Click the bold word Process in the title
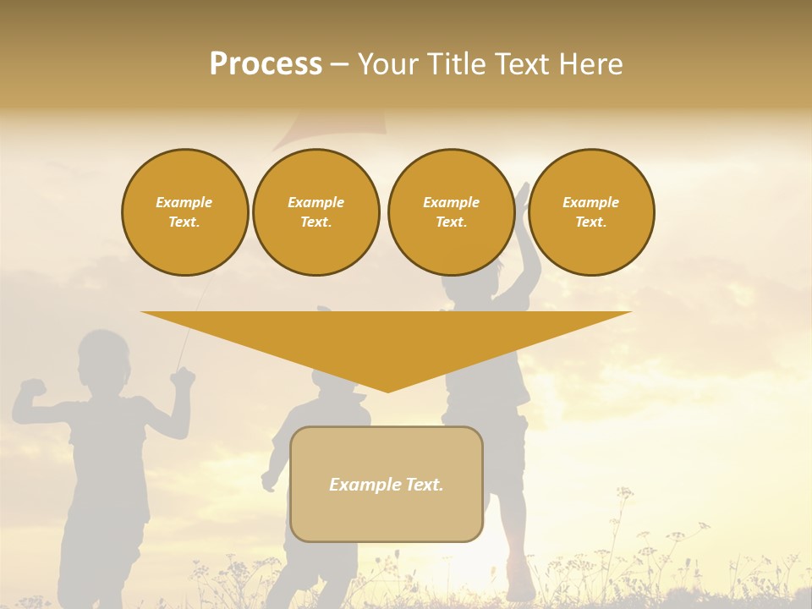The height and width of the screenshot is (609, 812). click(x=266, y=64)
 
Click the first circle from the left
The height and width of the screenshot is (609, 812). click(x=185, y=212)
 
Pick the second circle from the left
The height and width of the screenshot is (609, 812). click(x=316, y=212)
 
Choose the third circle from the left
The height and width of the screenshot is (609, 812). click(x=451, y=212)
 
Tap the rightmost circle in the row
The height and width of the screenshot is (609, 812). click(x=591, y=212)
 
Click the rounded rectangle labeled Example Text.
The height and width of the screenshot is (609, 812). click(x=387, y=484)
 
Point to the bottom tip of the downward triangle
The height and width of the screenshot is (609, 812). click(x=387, y=391)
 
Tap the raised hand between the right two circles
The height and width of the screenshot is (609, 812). click(x=522, y=196)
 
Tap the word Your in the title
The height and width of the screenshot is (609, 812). click(x=388, y=64)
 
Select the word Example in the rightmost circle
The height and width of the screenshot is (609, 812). click(x=591, y=202)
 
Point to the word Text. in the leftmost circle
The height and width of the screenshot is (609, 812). click(x=184, y=222)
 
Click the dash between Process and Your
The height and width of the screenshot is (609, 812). click(x=339, y=64)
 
